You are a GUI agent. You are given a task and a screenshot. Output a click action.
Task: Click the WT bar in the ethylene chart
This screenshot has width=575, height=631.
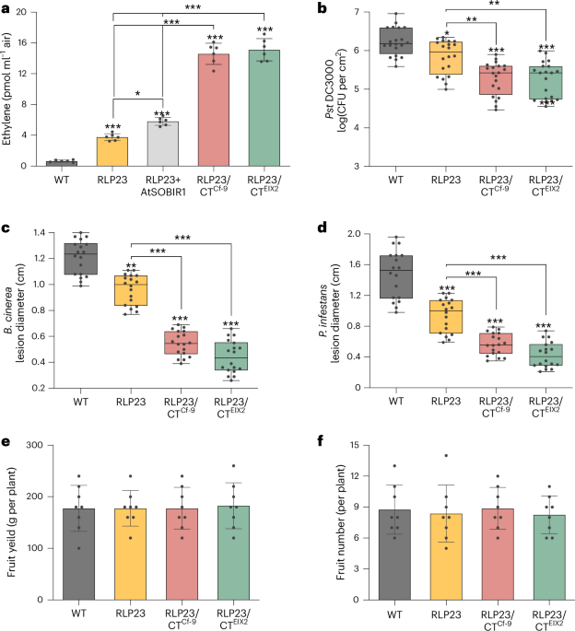coord(62,163)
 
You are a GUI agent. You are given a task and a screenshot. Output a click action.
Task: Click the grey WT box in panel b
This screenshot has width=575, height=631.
coord(395,41)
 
